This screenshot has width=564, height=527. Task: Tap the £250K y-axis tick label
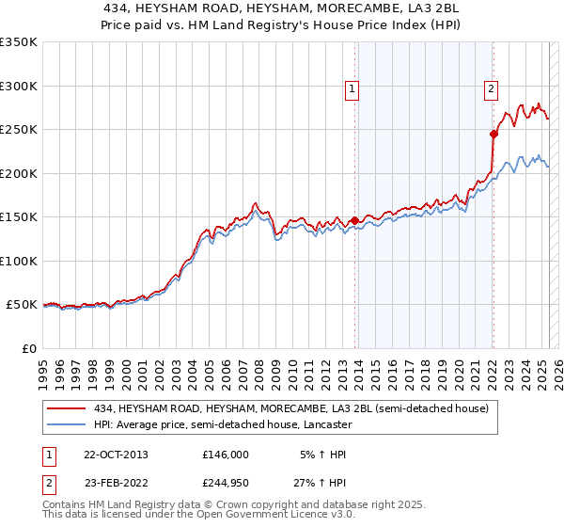[x=19, y=130]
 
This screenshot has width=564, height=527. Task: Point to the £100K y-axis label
[x=19, y=261]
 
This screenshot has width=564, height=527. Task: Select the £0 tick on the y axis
[x=28, y=348]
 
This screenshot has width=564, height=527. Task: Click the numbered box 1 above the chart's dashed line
[x=352, y=89]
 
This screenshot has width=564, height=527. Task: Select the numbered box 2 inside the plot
[x=491, y=89]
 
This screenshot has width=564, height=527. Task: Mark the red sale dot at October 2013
[x=354, y=220]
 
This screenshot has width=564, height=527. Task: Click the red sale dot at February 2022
[x=493, y=134]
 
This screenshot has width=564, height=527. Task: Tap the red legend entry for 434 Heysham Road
[x=290, y=409]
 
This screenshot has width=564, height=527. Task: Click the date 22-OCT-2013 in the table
[x=116, y=455]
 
